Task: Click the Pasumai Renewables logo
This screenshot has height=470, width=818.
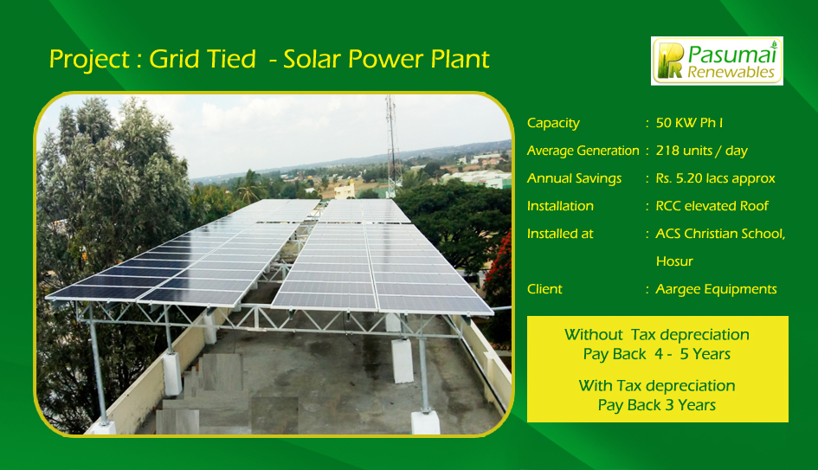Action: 717,61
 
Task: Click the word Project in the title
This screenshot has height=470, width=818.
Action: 89,60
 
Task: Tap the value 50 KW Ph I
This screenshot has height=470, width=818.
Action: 689,123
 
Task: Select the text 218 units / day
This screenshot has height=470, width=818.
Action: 702,151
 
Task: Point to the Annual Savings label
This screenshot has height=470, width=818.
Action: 574,179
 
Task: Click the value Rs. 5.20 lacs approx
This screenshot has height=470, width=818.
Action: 715,179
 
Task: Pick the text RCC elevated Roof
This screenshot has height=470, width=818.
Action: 712,206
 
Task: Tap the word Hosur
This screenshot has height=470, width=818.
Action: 674,261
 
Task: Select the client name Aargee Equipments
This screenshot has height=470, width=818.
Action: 716,289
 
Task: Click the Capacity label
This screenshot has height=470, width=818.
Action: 553,124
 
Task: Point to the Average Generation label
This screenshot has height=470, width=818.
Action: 583,151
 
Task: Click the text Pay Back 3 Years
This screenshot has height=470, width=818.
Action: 657,405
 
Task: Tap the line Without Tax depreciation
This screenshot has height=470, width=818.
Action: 657,335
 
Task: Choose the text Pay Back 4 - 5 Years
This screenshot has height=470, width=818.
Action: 657,354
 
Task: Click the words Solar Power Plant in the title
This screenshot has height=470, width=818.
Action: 386,60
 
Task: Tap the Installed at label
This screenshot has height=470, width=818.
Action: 560,234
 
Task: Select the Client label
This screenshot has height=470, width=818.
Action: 544,289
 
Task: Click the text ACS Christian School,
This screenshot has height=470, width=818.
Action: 720,234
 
